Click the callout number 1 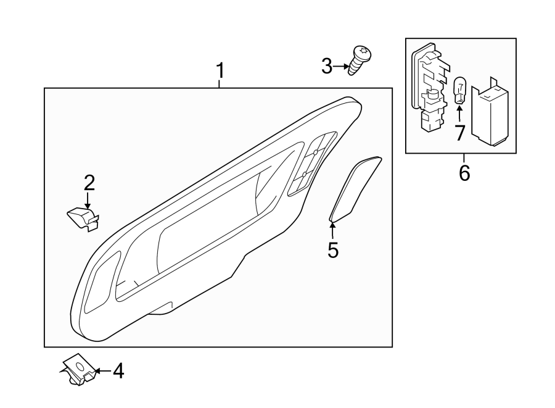(x=220, y=72)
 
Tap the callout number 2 (x=89, y=183)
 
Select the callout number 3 (x=327, y=66)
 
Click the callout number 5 (x=333, y=251)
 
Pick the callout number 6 (x=464, y=172)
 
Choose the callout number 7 (x=459, y=133)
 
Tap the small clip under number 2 (x=84, y=218)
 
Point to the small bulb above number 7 (x=459, y=91)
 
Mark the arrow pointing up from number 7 (x=459, y=114)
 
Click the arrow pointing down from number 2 (x=88, y=201)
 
